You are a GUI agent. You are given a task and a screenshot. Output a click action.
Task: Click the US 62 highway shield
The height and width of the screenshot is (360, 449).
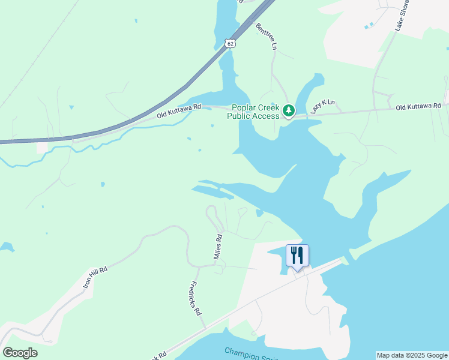tap(231, 43)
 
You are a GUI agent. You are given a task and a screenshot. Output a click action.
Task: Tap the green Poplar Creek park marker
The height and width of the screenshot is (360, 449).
tap(289, 110)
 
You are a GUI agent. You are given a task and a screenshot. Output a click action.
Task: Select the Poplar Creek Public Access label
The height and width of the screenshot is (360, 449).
tap(253, 112)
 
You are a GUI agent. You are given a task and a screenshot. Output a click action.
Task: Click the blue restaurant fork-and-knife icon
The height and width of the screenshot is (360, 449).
tap(297, 256)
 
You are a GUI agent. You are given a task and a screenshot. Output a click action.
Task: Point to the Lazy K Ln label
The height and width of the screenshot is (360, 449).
tap(322, 107)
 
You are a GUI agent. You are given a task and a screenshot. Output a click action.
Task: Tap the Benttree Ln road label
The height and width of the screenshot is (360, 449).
tap(268, 37)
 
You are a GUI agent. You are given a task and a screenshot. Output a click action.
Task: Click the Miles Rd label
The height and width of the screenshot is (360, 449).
tap(218, 247)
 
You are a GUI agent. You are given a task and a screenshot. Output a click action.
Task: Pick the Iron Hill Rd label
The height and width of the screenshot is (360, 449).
tap(95, 279)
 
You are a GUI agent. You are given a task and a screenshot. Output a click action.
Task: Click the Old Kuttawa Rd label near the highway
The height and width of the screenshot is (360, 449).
tap(178, 110)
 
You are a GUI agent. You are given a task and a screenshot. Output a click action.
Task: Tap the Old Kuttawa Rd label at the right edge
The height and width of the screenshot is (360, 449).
tap(418, 106)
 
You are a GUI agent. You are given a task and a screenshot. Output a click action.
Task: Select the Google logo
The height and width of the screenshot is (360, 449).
tap(20, 352)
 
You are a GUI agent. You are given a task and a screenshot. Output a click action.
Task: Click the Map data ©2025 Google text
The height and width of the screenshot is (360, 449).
tap(412, 355)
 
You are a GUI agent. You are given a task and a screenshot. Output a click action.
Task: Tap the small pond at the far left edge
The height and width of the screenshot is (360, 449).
tap(6, 247)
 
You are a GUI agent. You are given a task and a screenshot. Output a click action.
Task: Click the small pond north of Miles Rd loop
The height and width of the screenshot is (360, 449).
tap(259, 212)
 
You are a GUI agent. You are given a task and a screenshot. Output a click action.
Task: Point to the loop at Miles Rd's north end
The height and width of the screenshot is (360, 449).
tap(212, 213)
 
